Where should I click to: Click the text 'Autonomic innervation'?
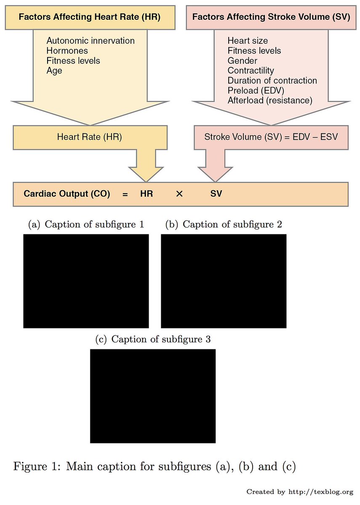click(91, 41)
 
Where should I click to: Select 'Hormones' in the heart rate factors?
click(67, 51)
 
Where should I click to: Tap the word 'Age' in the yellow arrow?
click(54, 71)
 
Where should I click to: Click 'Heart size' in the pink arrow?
click(248, 41)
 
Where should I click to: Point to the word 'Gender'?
click(242, 61)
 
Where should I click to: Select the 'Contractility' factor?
click(251, 71)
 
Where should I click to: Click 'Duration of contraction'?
click(272, 80)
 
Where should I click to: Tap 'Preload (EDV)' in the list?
click(256, 90)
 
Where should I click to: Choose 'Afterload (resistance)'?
click(270, 101)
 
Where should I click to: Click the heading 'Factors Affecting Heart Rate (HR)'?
click(90, 17)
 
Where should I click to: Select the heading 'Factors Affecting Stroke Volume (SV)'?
click(271, 17)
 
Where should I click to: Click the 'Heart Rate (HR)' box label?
click(90, 137)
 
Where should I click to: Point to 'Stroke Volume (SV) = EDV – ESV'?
click(271, 137)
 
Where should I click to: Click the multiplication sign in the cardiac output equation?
click(179, 194)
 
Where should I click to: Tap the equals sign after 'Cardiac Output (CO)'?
click(125, 194)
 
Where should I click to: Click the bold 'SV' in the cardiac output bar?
click(216, 194)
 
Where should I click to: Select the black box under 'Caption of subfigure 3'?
click(153, 396)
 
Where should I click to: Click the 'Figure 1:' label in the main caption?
click(37, 466)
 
